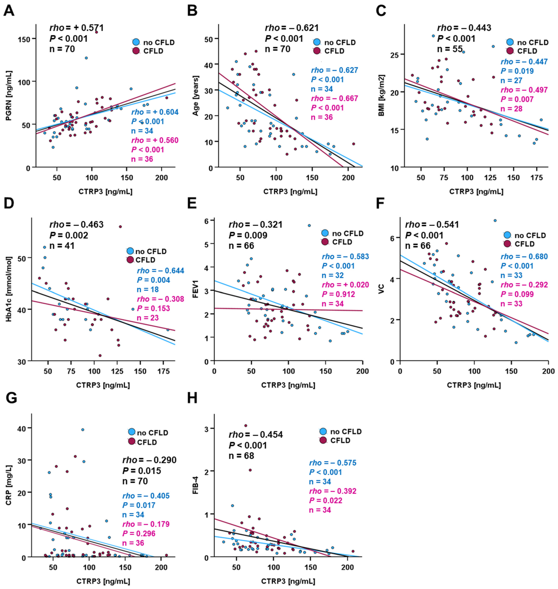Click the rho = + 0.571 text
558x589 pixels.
tap(76, 28)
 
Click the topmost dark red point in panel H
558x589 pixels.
tap(246, 426)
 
